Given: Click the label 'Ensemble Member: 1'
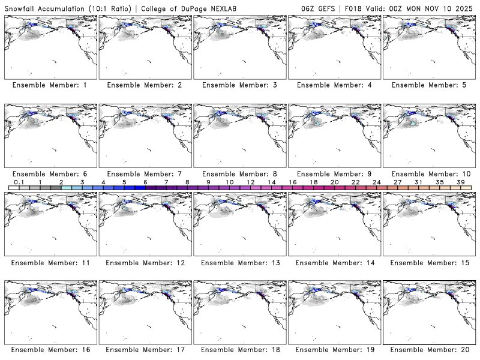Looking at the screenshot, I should tap(50, 85).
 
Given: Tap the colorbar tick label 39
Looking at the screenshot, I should tap(460, 182).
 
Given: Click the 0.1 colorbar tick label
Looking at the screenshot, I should tap(19, 182).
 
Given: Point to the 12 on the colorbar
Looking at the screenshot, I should tap(250, 182).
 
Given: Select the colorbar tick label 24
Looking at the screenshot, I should tap(376, 182).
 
